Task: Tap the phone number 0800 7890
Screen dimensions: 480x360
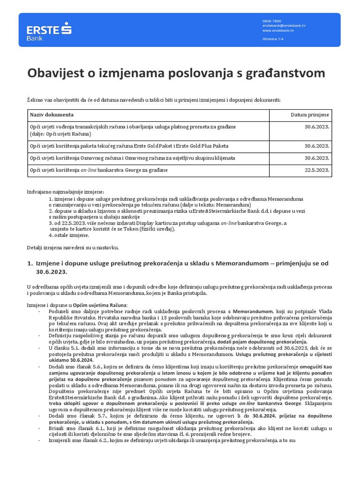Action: [272, 21]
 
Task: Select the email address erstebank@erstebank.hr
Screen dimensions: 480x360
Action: [285, 26]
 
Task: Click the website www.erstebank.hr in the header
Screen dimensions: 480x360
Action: [278, 30]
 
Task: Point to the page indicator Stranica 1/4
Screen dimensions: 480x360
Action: [274, 39]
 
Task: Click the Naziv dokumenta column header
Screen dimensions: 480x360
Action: [52, 115]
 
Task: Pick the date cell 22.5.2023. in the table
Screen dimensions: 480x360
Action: [317, 170]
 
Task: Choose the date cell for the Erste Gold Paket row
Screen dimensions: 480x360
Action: [317, 146]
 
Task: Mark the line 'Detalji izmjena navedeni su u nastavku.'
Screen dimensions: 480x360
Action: [73, 247]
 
